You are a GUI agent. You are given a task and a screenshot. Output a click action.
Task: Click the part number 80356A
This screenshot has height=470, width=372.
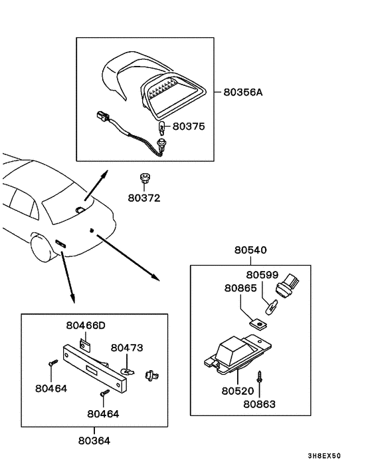244,93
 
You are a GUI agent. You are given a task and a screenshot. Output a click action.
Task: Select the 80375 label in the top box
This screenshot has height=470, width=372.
189,125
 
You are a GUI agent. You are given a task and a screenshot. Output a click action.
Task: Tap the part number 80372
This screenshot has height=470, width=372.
144,198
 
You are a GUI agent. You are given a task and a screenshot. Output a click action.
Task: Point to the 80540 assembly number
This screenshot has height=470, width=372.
250,251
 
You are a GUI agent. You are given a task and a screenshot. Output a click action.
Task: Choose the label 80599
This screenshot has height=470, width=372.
262,274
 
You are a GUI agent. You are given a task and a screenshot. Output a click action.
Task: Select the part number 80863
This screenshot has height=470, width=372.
260,403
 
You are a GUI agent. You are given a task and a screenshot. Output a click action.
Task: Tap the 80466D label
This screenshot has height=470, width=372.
86,326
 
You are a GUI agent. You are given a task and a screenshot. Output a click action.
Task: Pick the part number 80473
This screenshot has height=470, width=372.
127,348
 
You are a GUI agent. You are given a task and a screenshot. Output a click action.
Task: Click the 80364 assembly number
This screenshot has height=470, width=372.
94,440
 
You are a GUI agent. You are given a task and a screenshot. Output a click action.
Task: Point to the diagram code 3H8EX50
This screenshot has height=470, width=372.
325,457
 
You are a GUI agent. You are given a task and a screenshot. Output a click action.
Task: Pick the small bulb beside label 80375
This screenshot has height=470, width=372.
161,127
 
